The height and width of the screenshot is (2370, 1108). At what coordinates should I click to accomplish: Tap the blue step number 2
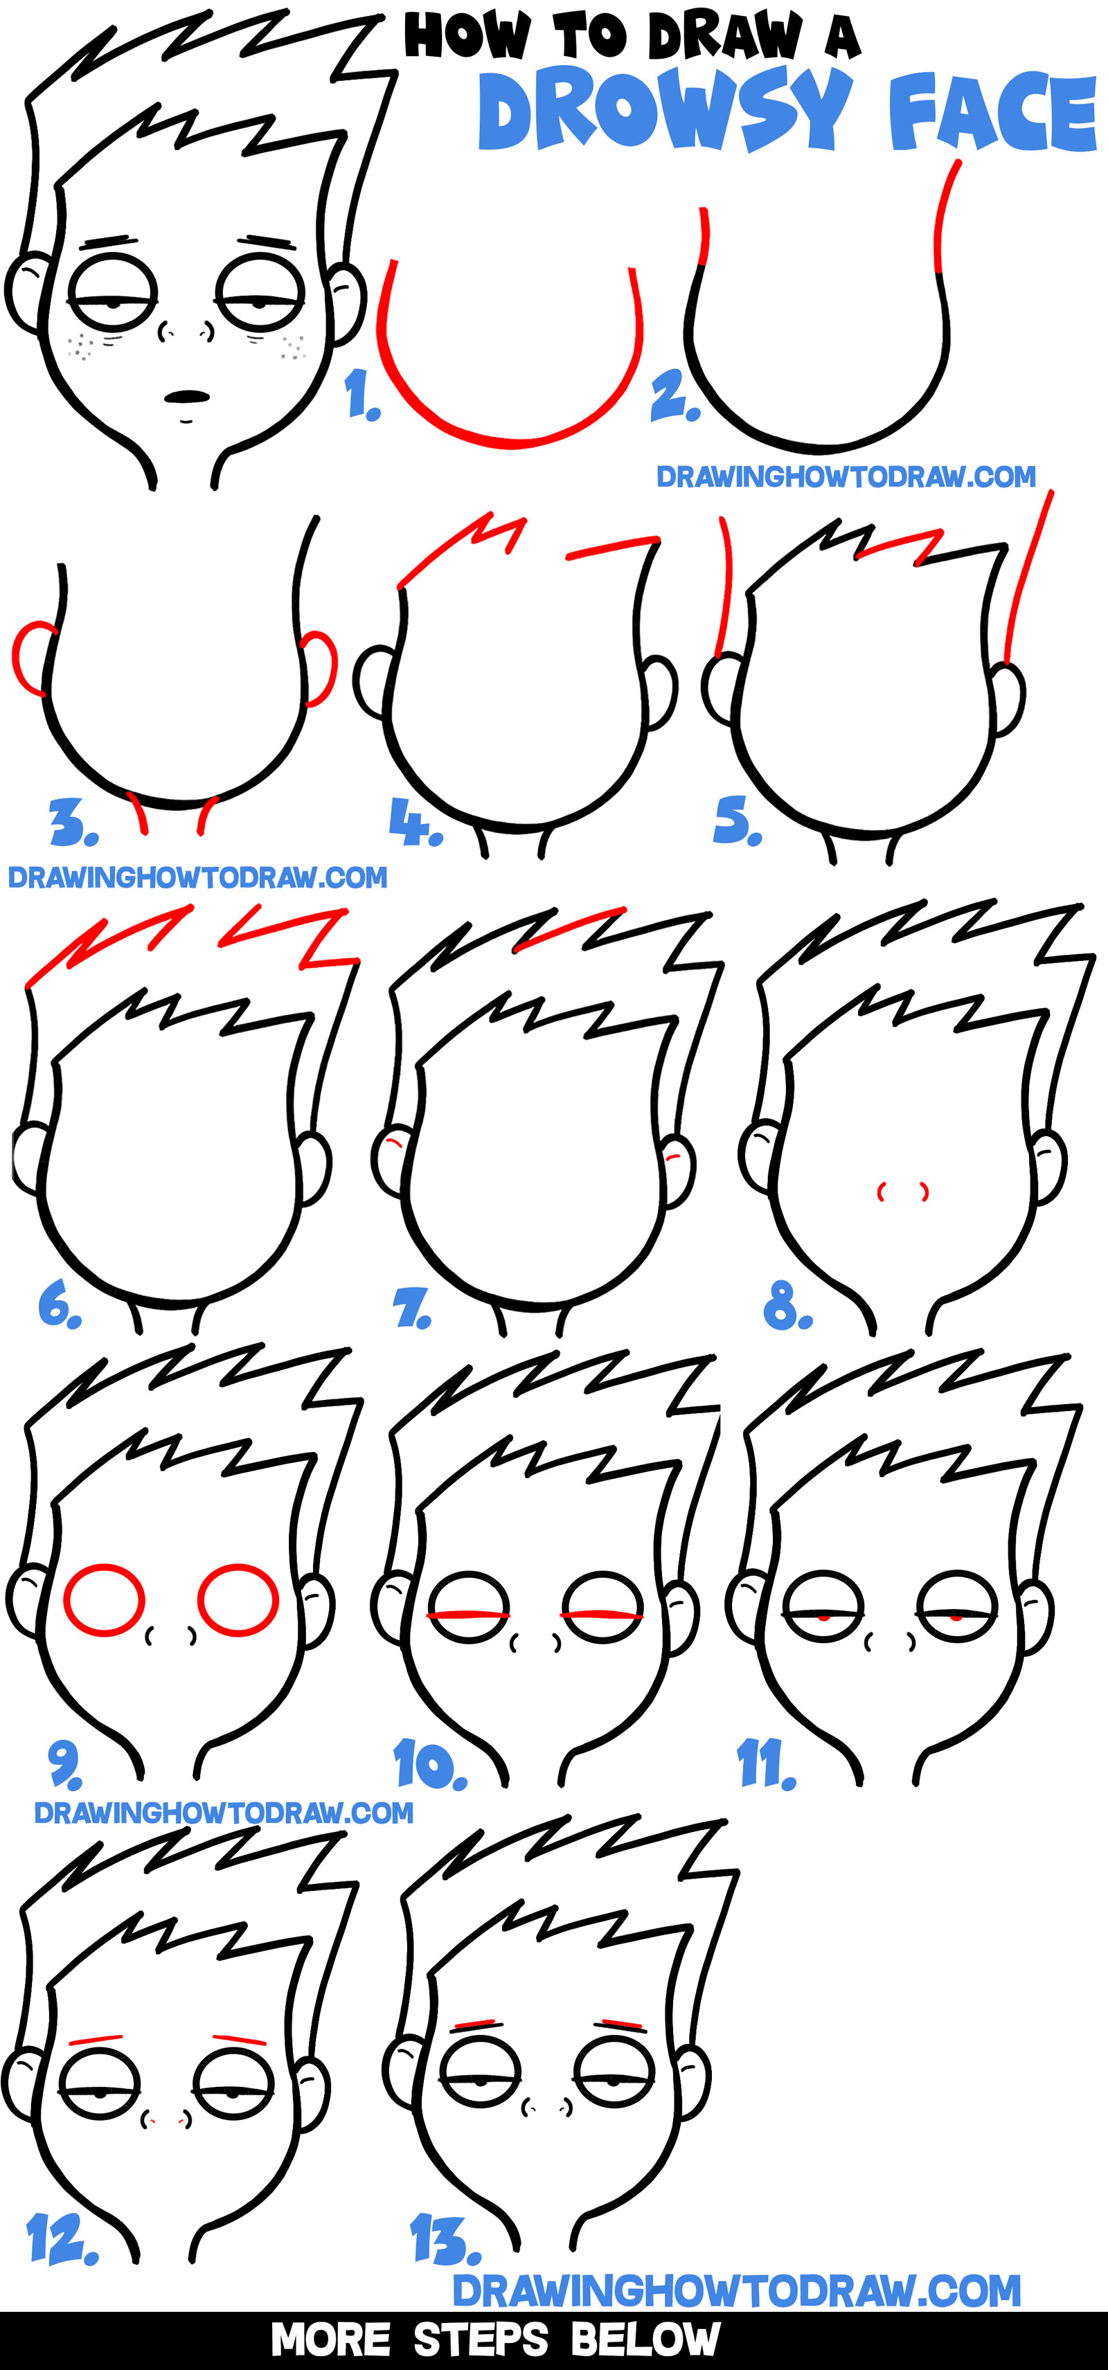coord(674,398)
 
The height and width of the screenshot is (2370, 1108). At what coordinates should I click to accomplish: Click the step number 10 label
coord(430,1763)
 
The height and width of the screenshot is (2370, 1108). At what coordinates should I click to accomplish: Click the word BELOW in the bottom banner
coord(645,2340)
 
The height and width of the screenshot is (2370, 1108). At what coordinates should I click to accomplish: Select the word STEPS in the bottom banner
coord(481,2340)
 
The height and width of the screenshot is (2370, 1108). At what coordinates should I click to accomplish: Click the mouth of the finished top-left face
coord(188,397)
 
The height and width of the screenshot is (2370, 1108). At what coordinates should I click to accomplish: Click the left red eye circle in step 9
coord(103,1600)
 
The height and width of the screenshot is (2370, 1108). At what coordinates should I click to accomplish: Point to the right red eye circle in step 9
coord(238,1600)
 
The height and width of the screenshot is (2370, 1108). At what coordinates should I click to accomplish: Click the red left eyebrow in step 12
coord(96,2040)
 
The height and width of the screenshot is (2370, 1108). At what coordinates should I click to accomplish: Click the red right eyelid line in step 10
coord(602,1615)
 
